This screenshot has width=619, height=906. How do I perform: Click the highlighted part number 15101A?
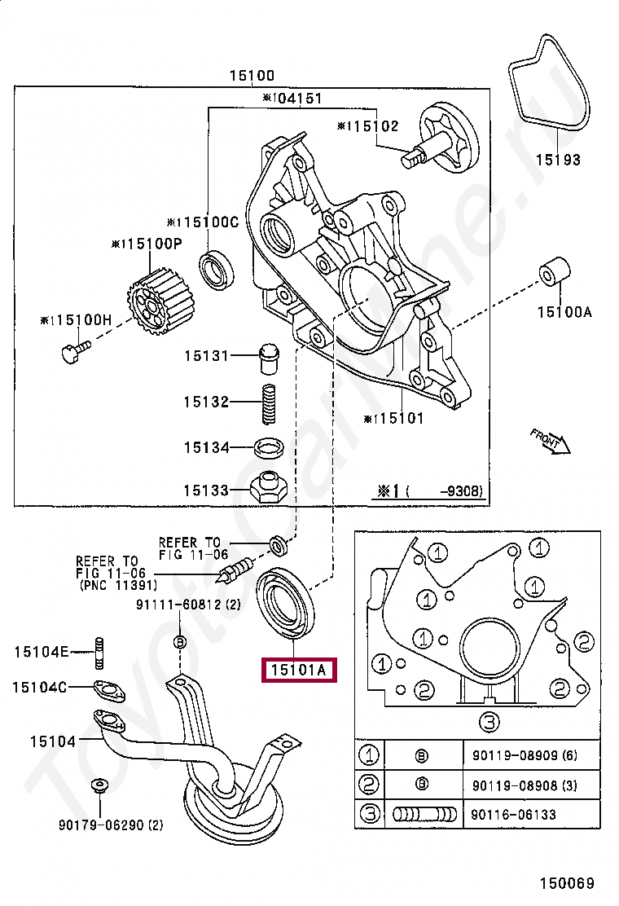tap(299, 671)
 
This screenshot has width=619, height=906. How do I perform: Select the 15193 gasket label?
tap(558, 160)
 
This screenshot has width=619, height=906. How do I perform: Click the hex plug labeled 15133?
tap(269, 489)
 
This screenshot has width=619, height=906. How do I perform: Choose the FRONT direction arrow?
tap(551, 442)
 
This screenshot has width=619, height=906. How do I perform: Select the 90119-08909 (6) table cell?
tap(525, 755)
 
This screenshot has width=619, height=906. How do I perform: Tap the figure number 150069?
tap(566, 883)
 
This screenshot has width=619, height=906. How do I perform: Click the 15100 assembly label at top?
tap(252, 75)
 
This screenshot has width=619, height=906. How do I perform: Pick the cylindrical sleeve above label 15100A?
tap(555, 271)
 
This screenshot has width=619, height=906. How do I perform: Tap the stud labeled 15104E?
tap(99, 652)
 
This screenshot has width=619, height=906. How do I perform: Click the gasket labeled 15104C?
tap(108, 689)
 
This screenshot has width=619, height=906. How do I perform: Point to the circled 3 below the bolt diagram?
tap(489, 721)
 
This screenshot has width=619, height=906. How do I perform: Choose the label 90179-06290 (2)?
tap(110, 825)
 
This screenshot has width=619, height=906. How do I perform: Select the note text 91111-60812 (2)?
tap(188, 605)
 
